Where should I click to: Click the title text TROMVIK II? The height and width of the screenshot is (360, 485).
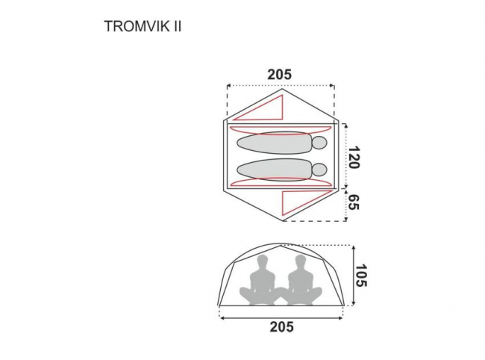(143, 26)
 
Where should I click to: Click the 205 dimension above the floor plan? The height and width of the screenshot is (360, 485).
(280, 75)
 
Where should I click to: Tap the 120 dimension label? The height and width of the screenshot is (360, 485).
(354, 158)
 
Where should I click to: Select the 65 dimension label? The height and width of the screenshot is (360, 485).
(354, 202)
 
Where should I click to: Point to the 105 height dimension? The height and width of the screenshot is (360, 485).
(360, 276)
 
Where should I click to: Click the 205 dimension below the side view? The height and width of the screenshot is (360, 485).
(282, 326)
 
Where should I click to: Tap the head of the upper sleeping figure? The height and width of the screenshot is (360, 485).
(319, 143)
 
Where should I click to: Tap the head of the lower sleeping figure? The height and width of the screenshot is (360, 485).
(319, 170)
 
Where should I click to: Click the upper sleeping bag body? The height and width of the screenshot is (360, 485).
(275, 143)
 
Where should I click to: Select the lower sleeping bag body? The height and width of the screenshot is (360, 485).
(275, 170)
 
